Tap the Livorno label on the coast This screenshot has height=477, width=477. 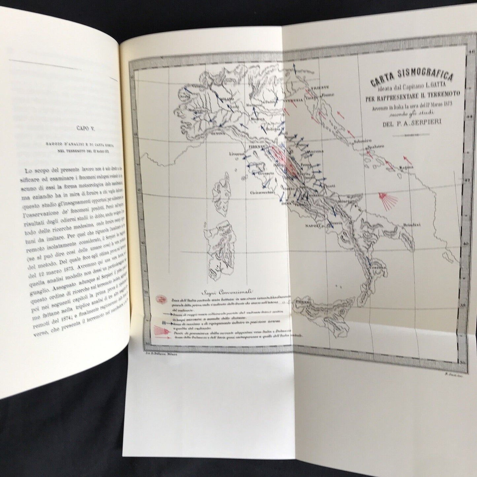[237, 154]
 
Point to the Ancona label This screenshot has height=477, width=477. [315, 152]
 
